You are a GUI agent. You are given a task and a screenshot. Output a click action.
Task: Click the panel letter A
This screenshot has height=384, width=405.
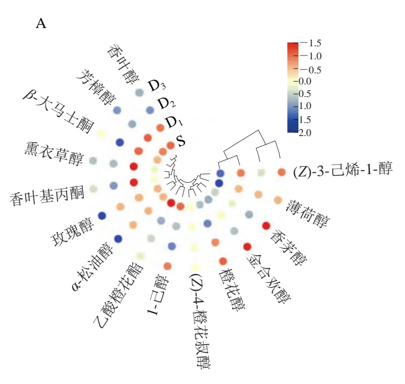pyautogui.click(x=41, y=24)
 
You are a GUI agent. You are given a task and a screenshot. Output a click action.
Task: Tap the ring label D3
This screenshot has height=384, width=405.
pyautogui.click(x=157, y=86)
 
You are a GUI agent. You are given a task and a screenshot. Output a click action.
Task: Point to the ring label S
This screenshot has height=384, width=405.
pyautogui.click(x=181, y=141)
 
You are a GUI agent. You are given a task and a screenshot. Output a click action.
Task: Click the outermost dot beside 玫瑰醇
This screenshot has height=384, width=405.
pyautogui.click(x=102, y=216)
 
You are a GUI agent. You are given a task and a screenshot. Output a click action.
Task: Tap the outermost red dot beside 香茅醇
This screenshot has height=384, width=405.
pyautogui.click(x=266, y=225)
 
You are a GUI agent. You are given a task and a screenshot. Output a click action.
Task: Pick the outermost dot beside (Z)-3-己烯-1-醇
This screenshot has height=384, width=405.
pyautogui.click(x=282, y=172)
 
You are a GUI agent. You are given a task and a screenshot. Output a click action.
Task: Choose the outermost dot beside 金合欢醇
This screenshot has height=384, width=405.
pyautogui.click(x=247, y=247)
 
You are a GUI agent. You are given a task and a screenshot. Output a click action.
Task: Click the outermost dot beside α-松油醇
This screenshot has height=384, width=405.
pyautogui.click(x=118, y=239)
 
